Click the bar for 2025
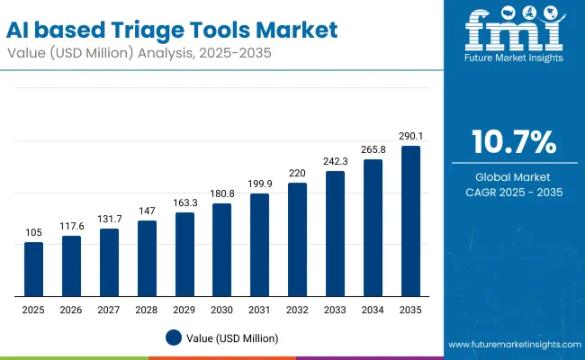(33, 269)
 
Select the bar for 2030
(221, 249)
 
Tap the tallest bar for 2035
(410, 220)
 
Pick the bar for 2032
(297, 239)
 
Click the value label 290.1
(410, 137)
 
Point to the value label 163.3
(184, 203)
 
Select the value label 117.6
(71, 227)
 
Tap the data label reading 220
(297, 174)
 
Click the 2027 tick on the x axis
(109, 309)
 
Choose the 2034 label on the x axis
(373, 309)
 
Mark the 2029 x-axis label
(184, 309)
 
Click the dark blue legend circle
(175, 337)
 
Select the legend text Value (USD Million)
(233, 337)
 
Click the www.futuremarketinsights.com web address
(511, 345)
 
